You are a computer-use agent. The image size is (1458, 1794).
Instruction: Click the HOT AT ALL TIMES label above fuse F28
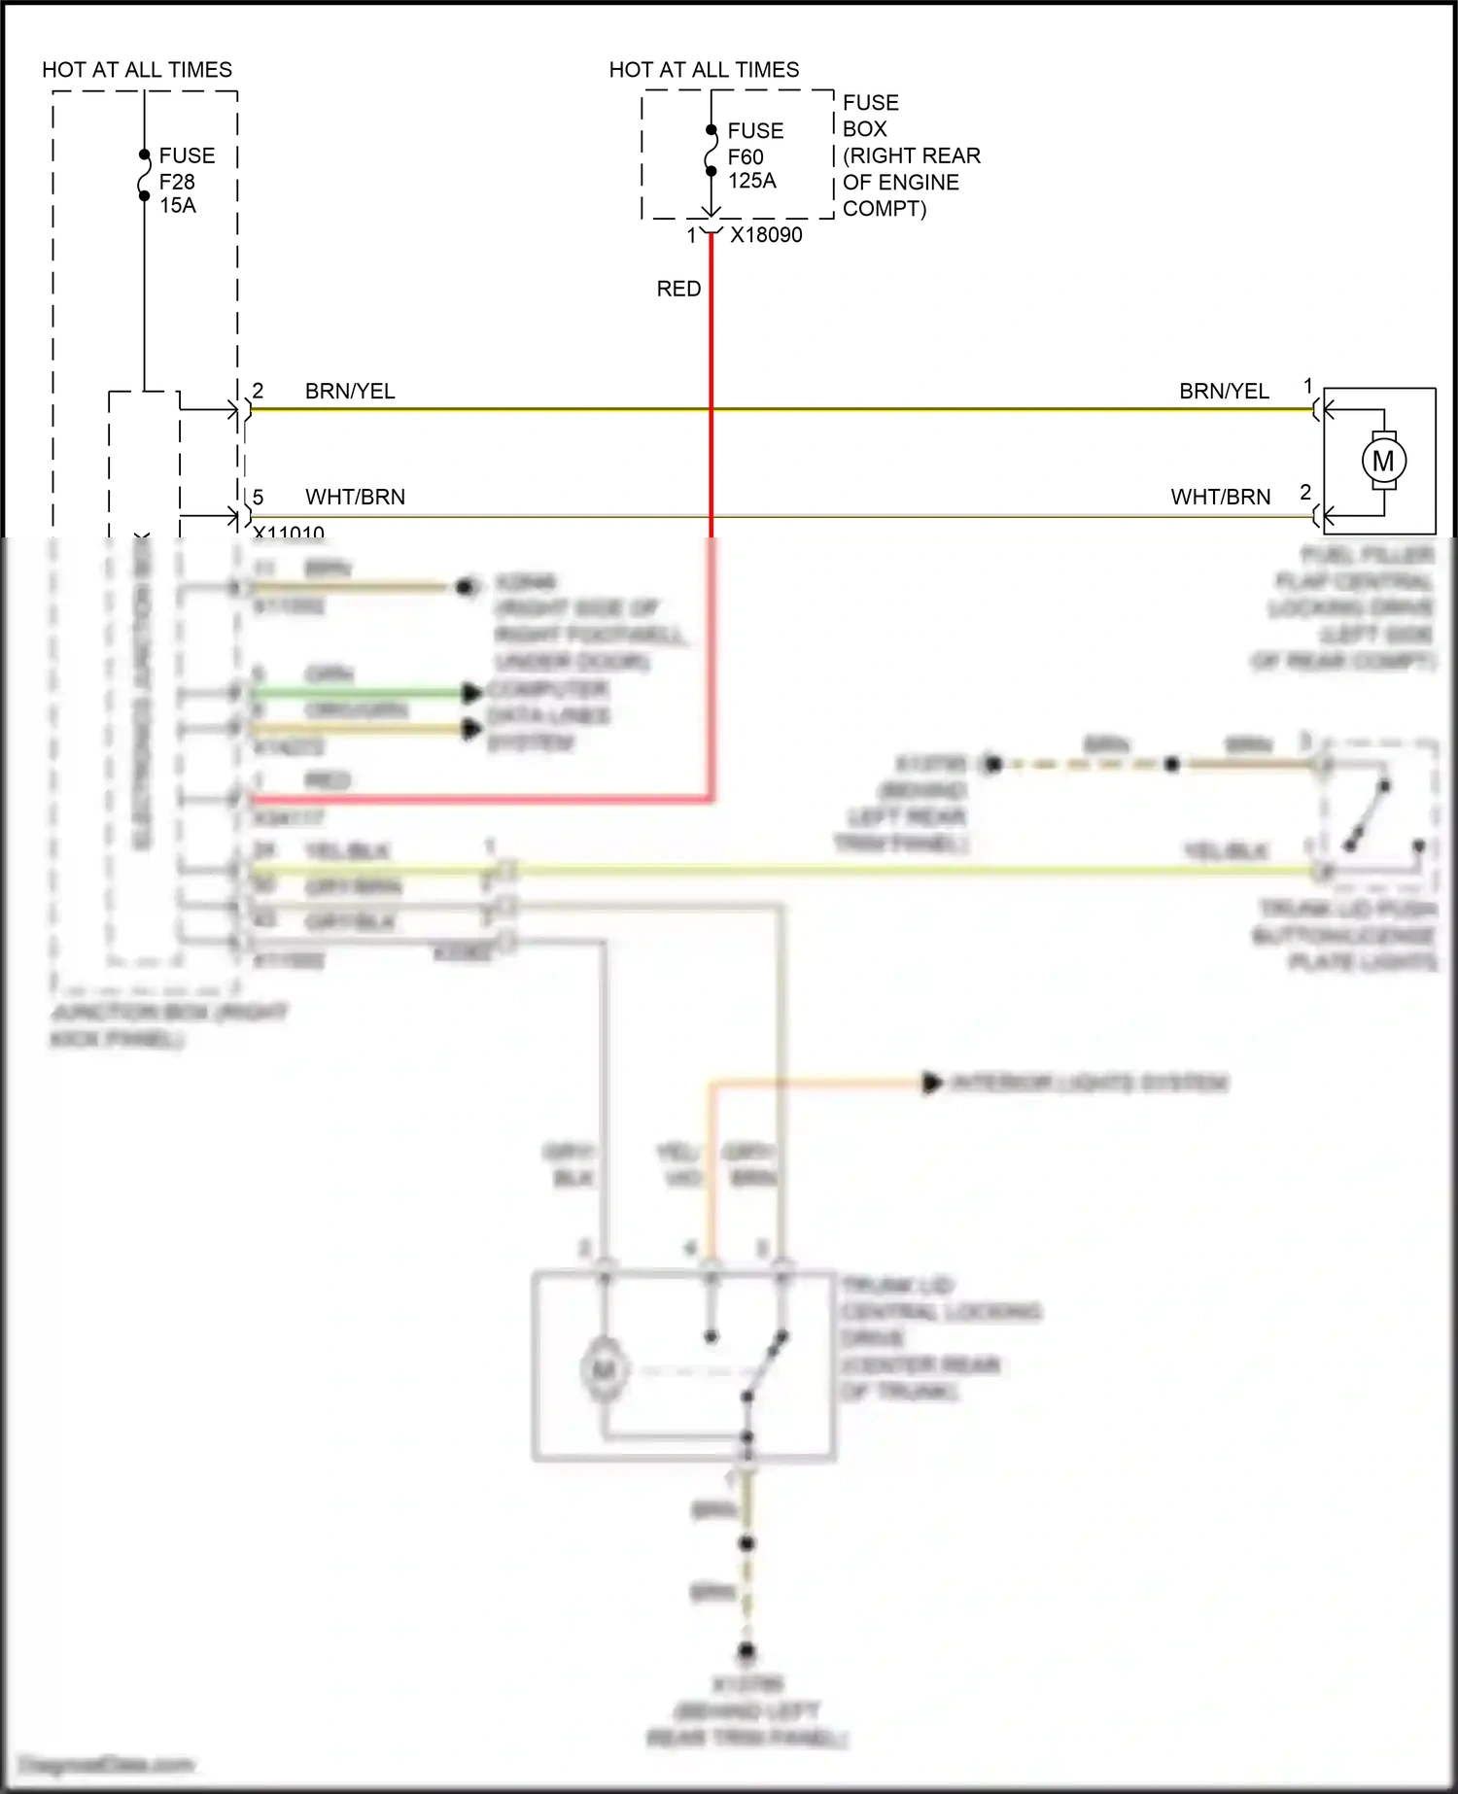tap(137, 70)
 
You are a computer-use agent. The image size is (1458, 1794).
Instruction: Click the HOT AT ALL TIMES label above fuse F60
tap(704, 70)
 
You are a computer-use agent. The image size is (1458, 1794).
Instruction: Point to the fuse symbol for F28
tap(144, 175)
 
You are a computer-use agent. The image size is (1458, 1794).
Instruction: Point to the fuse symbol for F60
tap(712, 151)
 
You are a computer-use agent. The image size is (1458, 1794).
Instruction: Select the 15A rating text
tap(178, 205)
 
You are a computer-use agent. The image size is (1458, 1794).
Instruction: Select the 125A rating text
tap(752, 181)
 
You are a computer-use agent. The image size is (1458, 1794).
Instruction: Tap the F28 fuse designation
tap(177, 182)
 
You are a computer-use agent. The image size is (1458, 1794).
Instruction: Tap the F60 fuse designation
tap(746, 156)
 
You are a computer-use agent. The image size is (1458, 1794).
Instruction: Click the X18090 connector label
tap(766, 235)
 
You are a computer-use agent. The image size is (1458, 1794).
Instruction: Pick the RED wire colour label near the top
tap(678, 289)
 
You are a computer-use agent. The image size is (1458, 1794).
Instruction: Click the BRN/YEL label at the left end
tap(350, 391)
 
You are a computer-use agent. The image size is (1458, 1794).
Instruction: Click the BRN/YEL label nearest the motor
tap(1224, 391)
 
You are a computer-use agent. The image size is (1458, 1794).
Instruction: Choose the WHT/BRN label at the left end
tap(355, 497)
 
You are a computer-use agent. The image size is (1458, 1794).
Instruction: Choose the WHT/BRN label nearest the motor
tap(1220, 497)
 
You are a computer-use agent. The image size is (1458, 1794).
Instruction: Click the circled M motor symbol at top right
tap(1383, 461)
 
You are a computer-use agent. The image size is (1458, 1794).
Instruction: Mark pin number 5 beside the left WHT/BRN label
tap(258, 497)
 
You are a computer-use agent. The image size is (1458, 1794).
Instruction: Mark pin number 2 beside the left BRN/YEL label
tap(258, 391)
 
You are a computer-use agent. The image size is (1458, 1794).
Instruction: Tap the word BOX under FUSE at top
tap(865, 129)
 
